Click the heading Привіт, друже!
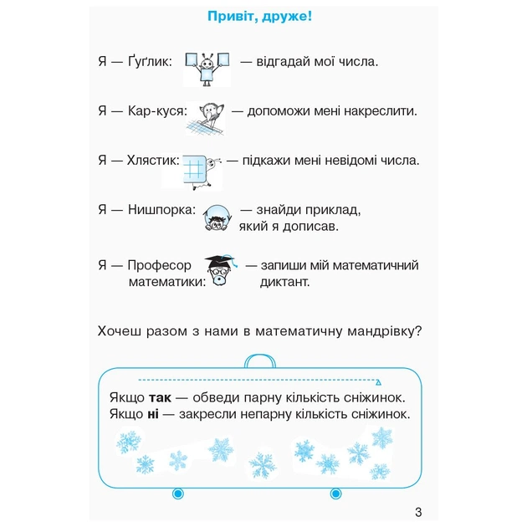(264, 17)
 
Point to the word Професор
(160, 265)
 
